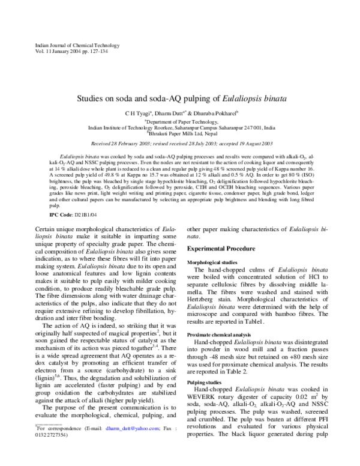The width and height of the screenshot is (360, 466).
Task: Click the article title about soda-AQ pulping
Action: [x=180, y=96]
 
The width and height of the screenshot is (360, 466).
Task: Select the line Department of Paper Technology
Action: [x=181, y=120]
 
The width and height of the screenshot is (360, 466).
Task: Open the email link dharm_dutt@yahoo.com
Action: [x=127, y=445]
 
